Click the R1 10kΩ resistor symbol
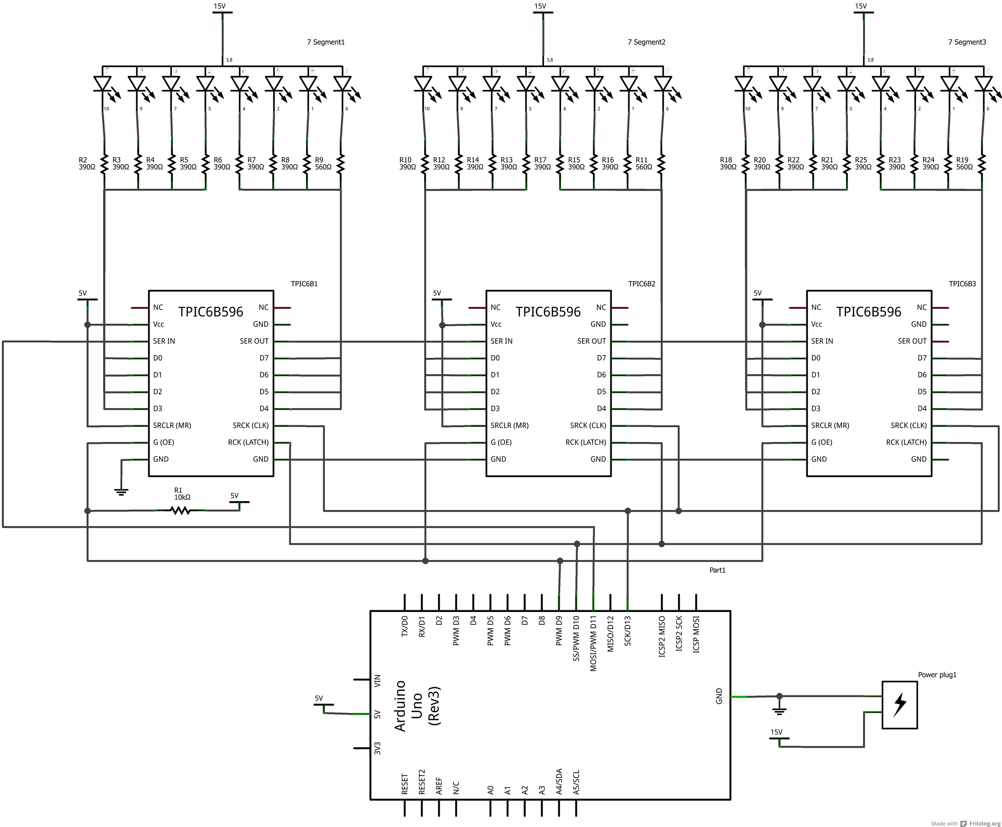point(180,511)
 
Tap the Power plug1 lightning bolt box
point(900,705)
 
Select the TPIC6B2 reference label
point(642,284)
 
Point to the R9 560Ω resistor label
point(323,163)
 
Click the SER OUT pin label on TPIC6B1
point(254,341)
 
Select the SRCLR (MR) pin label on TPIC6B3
point(830,426)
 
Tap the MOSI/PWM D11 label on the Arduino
point(593,644)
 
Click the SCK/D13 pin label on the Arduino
point(628,631)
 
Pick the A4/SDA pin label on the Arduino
point(559,781)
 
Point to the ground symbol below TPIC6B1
point(121,492)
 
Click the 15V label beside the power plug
point(776,732)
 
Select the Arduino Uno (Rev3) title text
point(417,705)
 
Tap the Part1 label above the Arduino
point(717,570)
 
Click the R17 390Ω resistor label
point(542,163)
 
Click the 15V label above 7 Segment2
point(540,6)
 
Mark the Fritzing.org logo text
point(984,823)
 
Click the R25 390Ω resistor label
point(863,163)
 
